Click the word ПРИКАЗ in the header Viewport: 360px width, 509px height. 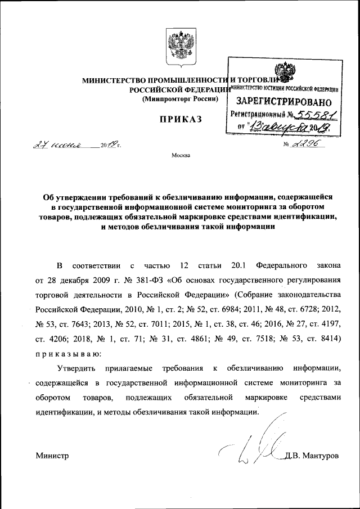[x=179, y=120]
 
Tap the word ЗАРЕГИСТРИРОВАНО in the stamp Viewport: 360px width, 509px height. [x=280, y=102]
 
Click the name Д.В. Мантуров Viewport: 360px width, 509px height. [x=312, y=456]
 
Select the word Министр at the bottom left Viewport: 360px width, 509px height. [x=52, y=456]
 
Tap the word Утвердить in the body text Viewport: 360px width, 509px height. [x=76, y=368]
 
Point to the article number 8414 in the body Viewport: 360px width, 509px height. [x=343, y=339]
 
